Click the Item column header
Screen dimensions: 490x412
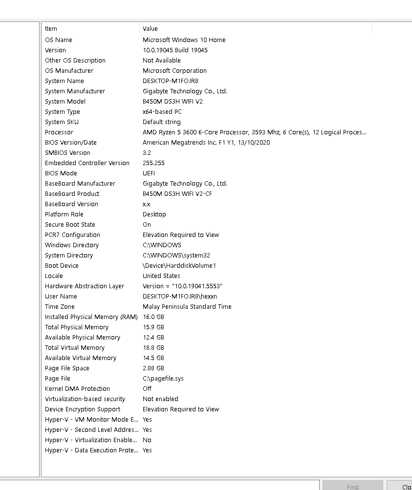(x=51, y=29)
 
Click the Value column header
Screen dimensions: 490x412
(x=150, y=29)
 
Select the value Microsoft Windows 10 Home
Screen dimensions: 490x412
(x=184, y=40)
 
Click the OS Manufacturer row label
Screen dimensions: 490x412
(x=69, y=71)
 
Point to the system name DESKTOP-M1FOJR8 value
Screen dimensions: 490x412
(x=170, y=81)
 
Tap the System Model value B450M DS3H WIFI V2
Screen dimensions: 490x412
(x=173, y=102)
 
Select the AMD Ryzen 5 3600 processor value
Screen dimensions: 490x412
(x=254, y=132)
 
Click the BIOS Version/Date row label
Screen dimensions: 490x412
(x=71, y=143)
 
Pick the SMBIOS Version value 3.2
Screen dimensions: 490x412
(x=147, y=153)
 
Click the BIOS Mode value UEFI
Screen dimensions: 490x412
(x=149, y=173)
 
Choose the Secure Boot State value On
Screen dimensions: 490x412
(x=147, y=225)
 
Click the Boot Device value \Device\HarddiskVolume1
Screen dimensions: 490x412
(x=179, y=266)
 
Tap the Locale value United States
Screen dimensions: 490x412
(x=161, y=276)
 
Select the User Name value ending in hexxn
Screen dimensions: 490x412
(x=179, y=297)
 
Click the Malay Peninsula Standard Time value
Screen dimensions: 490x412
(x=187, y=307)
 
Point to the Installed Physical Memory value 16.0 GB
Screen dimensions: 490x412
(x=153, y=317)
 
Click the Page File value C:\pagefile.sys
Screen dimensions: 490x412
(x=163, y=379)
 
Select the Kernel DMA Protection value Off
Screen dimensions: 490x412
(x=147, y=389)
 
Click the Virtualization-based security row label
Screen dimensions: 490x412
(x=85, y=399)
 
